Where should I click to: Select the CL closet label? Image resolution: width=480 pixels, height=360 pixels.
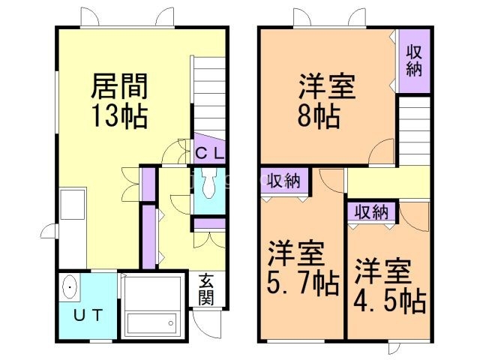click(x=209, y=153)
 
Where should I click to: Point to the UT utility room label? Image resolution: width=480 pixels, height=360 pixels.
click(x=87, y=315)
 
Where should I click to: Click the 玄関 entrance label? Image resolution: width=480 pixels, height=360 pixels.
click(x=206, y=289)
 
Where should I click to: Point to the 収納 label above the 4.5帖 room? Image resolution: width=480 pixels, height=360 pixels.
click(x=371, y=212)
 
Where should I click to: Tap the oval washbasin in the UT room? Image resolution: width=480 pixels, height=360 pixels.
click(x=70, y=287)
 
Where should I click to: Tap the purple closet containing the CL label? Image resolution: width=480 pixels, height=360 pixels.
click(x=210, y=149)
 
